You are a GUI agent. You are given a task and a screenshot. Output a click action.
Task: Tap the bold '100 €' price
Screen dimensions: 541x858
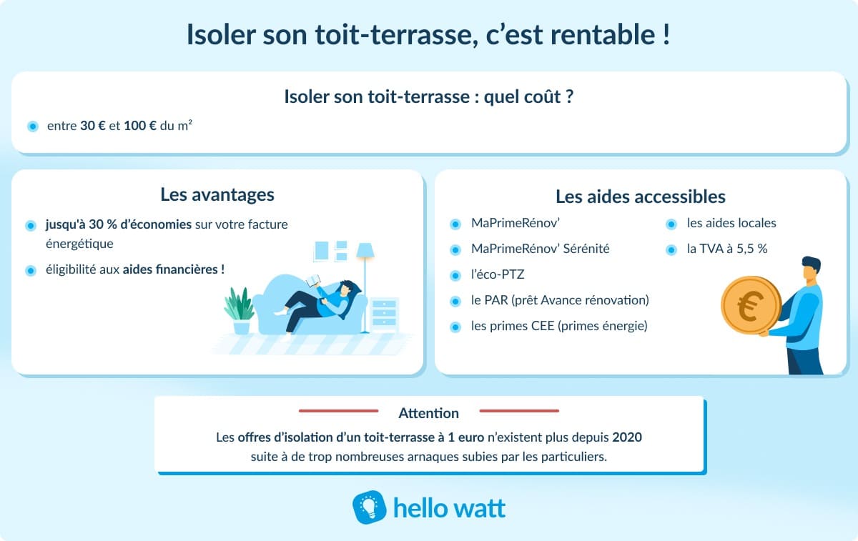(140, 126)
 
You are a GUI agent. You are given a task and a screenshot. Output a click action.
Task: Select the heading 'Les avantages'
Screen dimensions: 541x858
(217, 194)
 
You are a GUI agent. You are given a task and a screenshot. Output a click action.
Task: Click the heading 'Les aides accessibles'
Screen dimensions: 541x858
(641, 196)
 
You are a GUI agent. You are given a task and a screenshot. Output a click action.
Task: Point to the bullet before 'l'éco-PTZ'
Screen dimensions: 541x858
(455, 275)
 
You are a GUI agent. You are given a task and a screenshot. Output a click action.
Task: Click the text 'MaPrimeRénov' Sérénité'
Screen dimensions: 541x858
(540, 249)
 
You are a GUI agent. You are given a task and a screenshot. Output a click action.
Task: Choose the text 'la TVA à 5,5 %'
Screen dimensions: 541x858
(726, 249)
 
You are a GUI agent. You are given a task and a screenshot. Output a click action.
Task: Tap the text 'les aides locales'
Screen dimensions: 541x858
(731, 223)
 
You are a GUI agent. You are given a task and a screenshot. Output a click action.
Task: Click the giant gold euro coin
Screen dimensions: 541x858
(751, 307)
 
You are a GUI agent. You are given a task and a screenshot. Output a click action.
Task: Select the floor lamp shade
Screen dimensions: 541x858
(365, 251)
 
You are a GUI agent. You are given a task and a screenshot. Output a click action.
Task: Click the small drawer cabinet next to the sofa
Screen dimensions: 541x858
(384, 314)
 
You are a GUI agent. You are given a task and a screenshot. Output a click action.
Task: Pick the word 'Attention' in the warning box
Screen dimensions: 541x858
(428, 413)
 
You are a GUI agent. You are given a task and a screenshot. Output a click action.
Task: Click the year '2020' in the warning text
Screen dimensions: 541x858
(626, 437)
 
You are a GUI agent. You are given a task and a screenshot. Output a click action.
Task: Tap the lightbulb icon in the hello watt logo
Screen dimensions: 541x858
(370, 507)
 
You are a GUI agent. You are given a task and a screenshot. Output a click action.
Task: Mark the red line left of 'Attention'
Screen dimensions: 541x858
(338, 411)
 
